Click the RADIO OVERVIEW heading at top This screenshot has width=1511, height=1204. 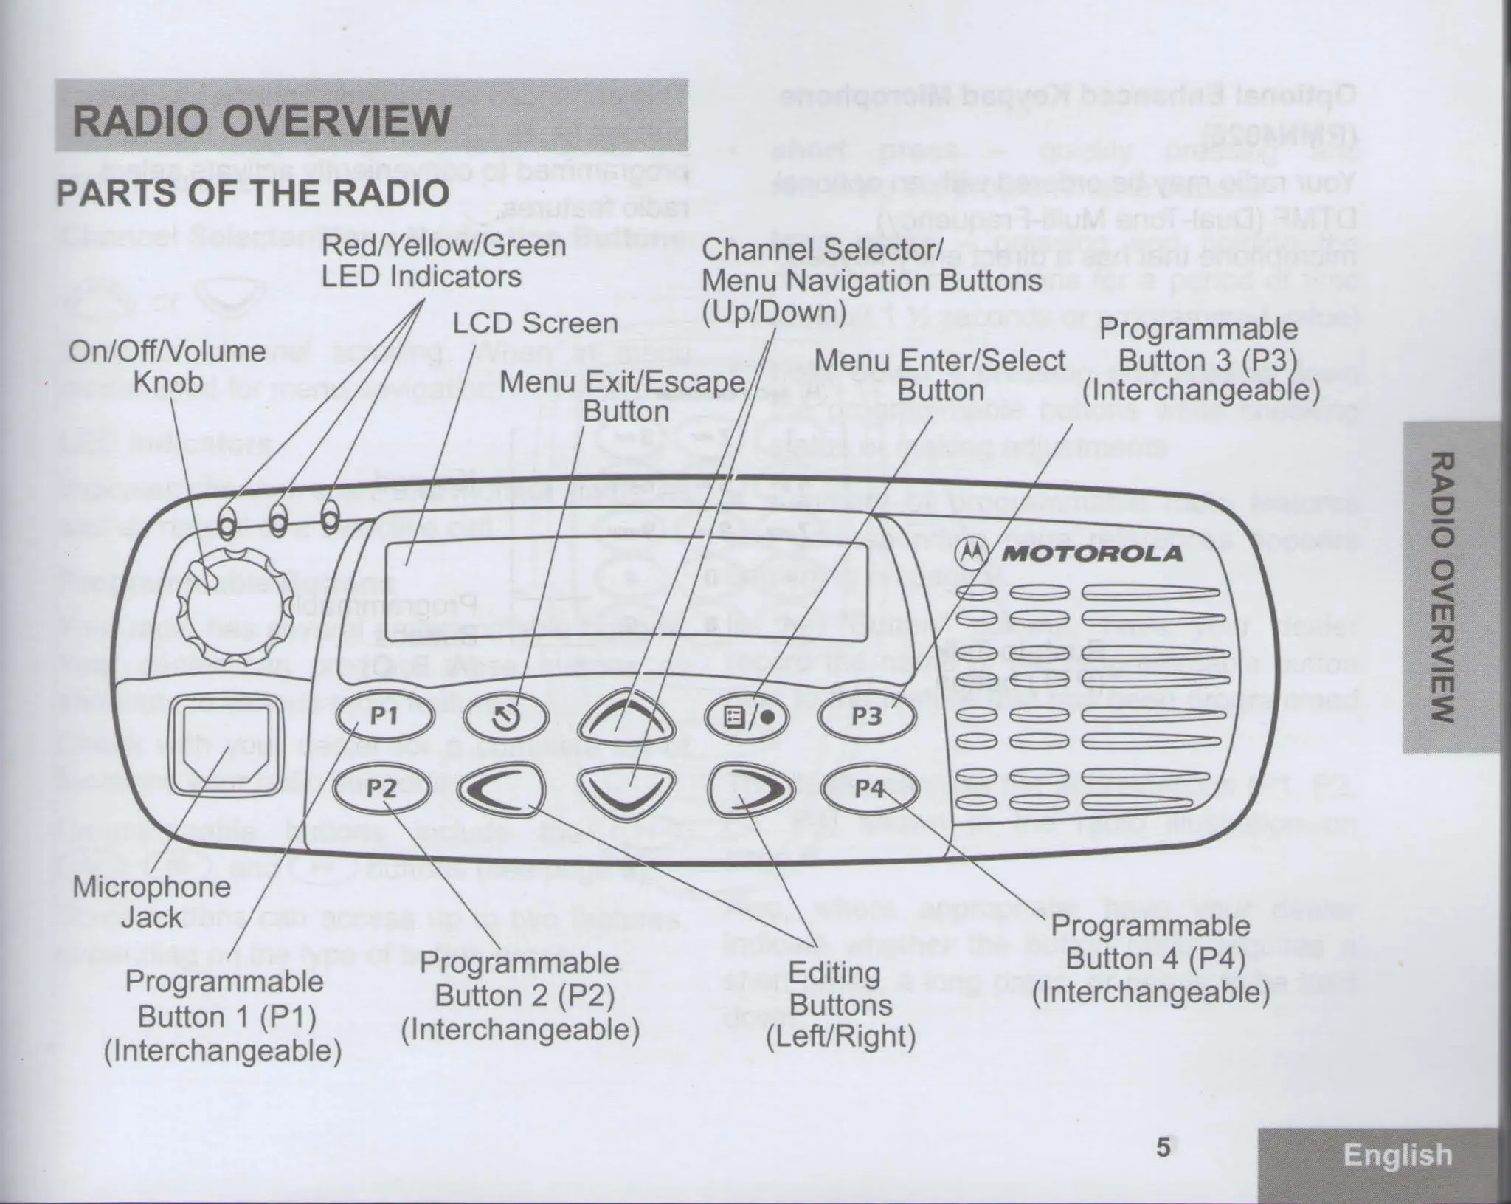(x=261, y=121)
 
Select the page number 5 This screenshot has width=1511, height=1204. (x=1163, y=1148)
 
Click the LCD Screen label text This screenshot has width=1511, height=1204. (x=534, y=323)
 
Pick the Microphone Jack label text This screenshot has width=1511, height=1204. (x=151, y=902)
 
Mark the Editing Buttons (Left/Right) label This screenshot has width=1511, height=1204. (x=840, y=1005)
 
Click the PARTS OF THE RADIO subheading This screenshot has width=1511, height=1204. (x=252, y=193)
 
